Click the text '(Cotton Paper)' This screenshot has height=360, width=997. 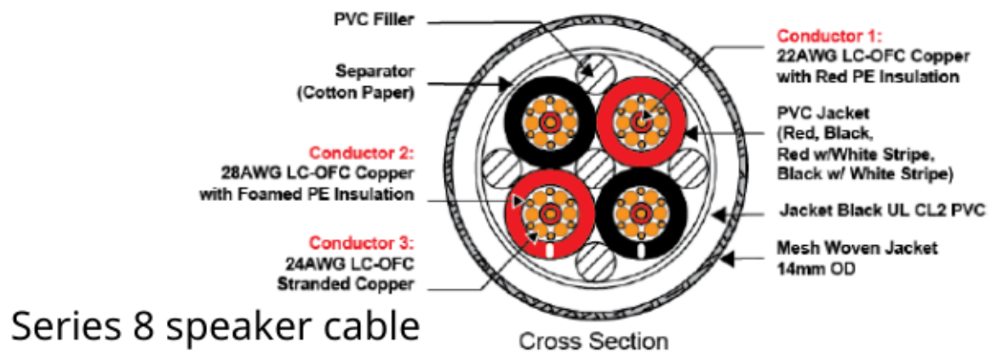(x=356, y=94)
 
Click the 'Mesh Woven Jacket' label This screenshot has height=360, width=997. (x=857, y=248)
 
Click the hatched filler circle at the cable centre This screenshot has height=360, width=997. (x=594, y=169)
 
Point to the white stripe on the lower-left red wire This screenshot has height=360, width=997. (x=549, y=249)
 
